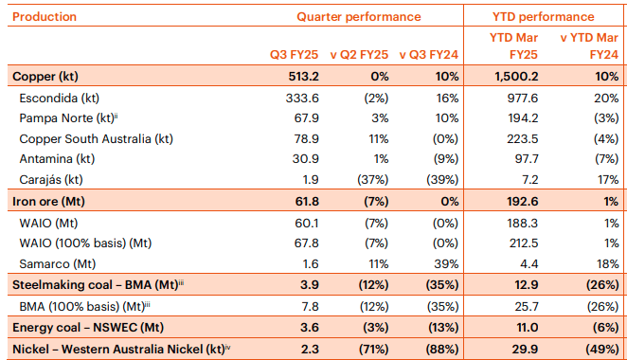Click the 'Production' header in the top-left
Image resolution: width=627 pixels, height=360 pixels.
coord(45,17)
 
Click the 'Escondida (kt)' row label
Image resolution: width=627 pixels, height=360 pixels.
coord(58,97)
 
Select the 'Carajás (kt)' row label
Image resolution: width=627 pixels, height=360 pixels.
coord(51,179)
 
